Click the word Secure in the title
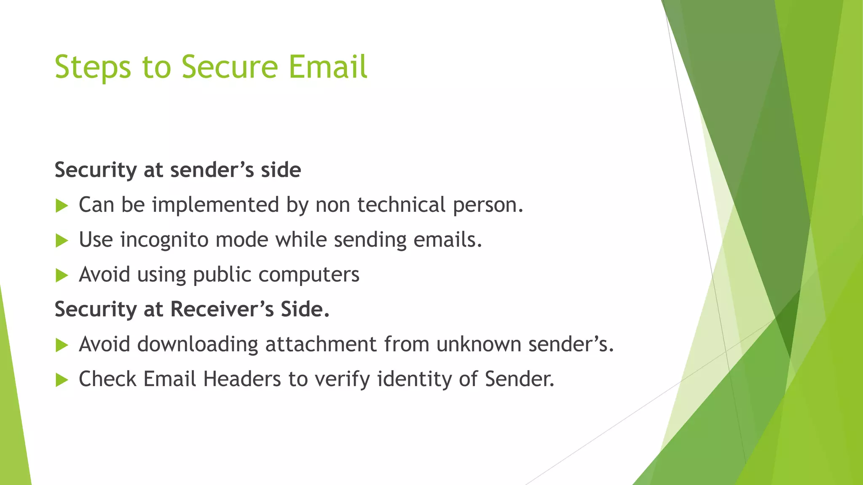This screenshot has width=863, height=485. (x=230, y=67)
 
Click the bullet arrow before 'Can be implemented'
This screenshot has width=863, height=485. (x=62, y=206)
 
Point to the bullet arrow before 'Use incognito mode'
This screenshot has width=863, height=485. (x=62, y=241)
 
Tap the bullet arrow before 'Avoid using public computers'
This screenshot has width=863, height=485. (x=62, y=276)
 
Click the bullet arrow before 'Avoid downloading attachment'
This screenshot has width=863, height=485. (x=62, y=346)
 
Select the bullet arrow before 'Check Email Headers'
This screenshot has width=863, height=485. (x=62, y=381)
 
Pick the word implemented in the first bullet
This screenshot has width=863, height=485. (x=215, y=205)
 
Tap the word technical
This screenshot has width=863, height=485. (x=401, y=205)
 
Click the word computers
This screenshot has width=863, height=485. (x=309, y=275)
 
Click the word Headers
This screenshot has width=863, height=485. (x=242, y=379)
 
